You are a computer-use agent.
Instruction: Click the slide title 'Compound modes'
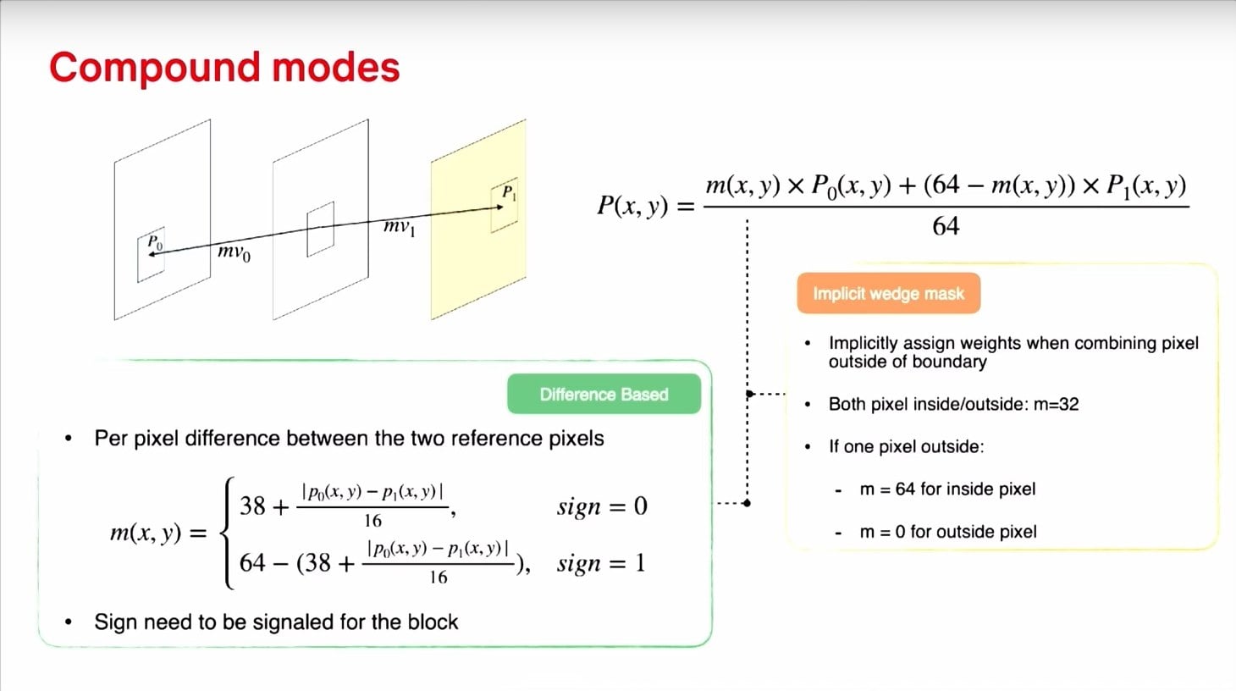[224, 68]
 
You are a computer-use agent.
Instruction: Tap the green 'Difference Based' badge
[604, 395]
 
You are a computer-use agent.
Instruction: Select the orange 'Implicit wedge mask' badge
[888, 294]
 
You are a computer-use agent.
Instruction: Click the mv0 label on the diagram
[234, 252]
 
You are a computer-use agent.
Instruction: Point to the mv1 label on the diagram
[400, 227]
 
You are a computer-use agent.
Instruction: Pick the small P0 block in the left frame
[152, 257]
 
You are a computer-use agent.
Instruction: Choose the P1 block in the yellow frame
[505, 205]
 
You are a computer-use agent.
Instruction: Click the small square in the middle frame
[320, 229]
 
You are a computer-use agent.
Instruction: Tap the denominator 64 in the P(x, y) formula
[946, 226]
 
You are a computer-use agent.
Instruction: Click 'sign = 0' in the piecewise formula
[602, 506]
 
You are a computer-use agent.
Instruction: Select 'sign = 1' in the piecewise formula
[601, 563]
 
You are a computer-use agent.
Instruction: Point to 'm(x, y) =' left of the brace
[158, 533]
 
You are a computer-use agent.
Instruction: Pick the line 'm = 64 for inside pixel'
[946, 489]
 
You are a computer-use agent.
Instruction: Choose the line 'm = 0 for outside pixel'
[947, 532]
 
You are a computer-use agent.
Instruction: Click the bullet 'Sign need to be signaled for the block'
[276, 622]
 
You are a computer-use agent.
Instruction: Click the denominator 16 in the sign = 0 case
[372, 521]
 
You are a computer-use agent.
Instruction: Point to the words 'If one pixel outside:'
[906, 446]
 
